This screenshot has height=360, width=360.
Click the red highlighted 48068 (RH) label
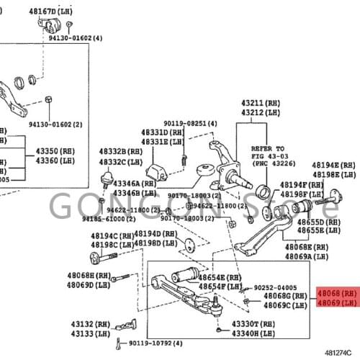(x=336, y=294)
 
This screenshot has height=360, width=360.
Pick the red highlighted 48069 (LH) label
(x=336, y=303)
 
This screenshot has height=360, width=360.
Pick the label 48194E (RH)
(x=334, y=165)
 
